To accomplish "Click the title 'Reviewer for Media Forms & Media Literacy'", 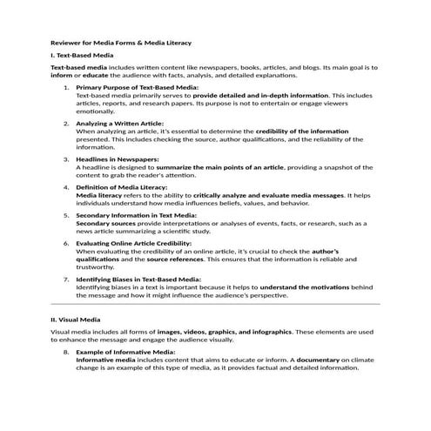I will coord(121,42).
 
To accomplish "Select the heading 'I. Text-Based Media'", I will coord(82,54).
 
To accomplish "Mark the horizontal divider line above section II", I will coord(215,304).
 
